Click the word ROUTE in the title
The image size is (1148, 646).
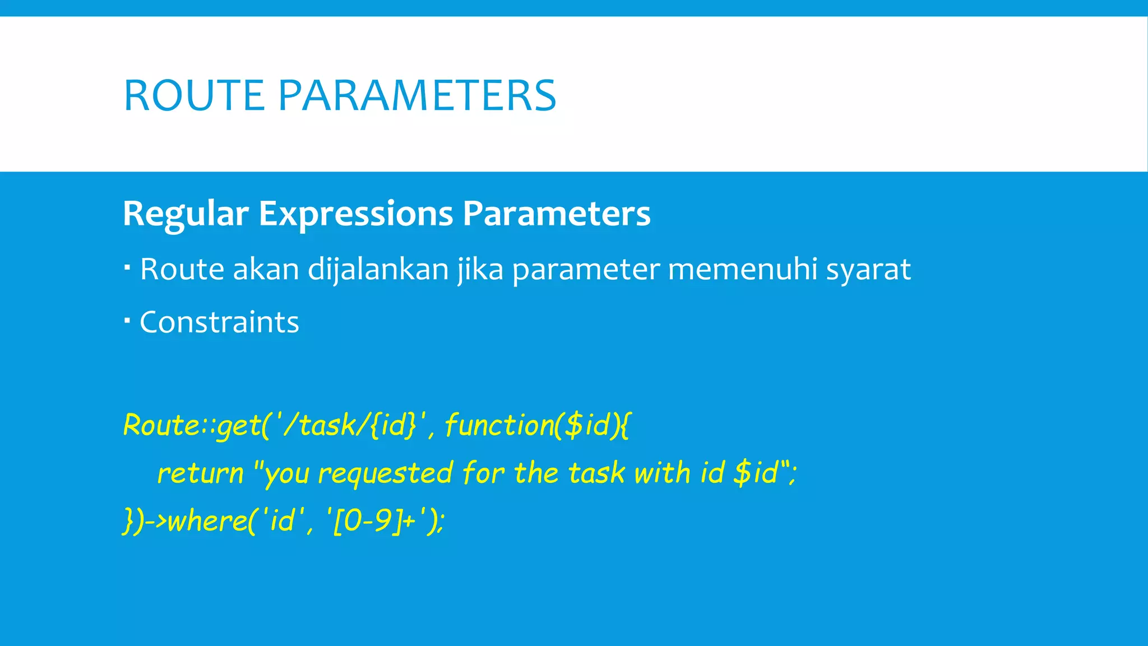194,95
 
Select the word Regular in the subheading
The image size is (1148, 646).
186,214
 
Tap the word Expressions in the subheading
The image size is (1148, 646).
355,214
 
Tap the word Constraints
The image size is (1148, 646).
219,322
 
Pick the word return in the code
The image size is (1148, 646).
200,473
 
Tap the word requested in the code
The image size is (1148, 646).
385,473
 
